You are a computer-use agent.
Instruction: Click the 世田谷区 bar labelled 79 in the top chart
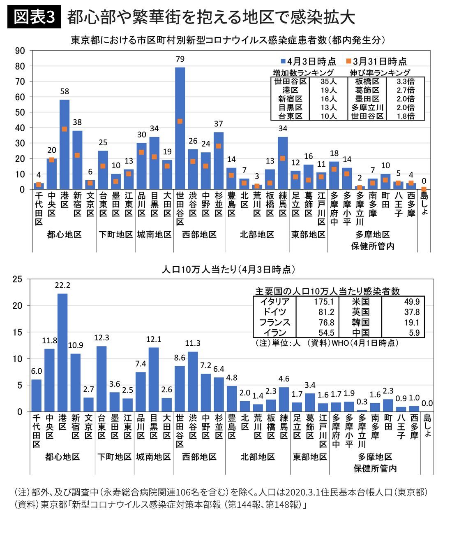pyautogui.click(x=180, y=128)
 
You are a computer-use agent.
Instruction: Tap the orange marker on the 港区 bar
pyautogui.click(x=65, y=129)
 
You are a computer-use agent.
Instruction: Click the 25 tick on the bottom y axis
pyautogui.click(x=17, y=279)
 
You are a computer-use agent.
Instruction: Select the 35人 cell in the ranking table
pyautogui.click(x=328, y=81)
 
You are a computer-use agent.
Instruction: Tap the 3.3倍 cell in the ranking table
pyautogui.click(x=405, y=81)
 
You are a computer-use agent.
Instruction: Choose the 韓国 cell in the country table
pyautogui.click(x=361, y=323)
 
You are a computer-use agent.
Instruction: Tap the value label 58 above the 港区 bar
pyautogui.click(x=65, y=91)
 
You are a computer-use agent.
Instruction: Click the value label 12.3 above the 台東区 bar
pyautogui.click(x=101, y=338)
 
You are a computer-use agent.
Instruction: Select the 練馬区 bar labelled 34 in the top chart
pyautogui.click(x=283, y=163)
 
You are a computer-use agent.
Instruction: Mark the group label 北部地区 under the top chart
pyautogui.click(x=257, y=235)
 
